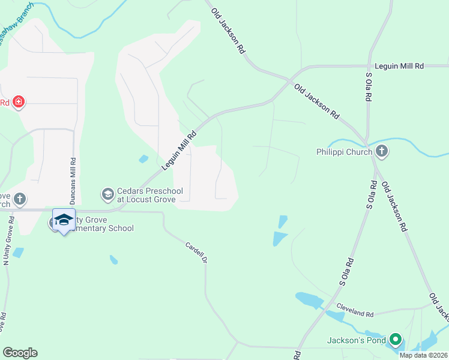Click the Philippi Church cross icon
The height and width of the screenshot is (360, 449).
382,151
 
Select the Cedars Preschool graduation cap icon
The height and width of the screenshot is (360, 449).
108,194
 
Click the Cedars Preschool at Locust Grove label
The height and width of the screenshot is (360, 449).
146,194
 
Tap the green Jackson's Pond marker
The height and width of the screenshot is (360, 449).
395,340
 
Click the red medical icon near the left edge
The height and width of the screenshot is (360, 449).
19,101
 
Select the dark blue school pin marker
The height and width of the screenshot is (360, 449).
64,220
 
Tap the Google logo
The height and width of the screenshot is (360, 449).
20,353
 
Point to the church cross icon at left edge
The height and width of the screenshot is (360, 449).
19,199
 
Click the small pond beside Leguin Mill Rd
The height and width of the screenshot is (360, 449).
143,159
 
